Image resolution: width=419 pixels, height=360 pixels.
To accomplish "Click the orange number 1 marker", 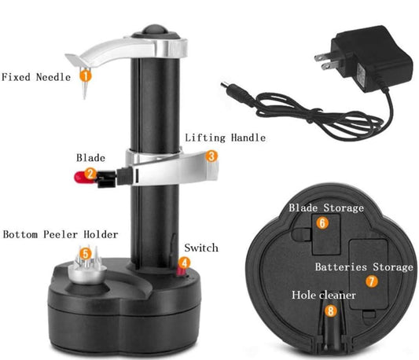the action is (86, 75).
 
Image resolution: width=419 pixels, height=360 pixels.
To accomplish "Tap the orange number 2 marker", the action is (90, 174).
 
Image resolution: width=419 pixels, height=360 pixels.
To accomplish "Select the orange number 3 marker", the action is (211, 156).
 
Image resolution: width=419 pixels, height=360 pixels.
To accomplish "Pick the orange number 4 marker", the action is (184, 263).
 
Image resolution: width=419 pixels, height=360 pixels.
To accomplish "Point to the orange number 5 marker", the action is (85, 254).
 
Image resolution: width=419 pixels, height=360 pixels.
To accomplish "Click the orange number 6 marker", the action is (322, 223).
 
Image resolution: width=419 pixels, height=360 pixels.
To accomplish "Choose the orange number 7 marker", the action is (371, 281).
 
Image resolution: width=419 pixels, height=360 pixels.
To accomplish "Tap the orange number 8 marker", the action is (331, 310).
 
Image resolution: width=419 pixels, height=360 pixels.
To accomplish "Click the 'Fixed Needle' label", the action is (36, 77).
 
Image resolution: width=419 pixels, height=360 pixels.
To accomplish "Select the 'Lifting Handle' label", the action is (226, 138).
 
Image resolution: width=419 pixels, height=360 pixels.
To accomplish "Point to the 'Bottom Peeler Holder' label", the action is (61, 234).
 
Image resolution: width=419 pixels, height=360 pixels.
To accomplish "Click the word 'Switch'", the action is (201, 248).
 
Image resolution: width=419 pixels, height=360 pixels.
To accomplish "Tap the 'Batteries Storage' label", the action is (364, 267).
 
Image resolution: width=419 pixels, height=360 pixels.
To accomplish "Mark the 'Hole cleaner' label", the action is (324, 295).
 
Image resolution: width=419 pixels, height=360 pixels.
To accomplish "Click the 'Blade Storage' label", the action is (326, 208).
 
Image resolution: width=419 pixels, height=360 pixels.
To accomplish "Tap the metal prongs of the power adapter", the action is (325, 61).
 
